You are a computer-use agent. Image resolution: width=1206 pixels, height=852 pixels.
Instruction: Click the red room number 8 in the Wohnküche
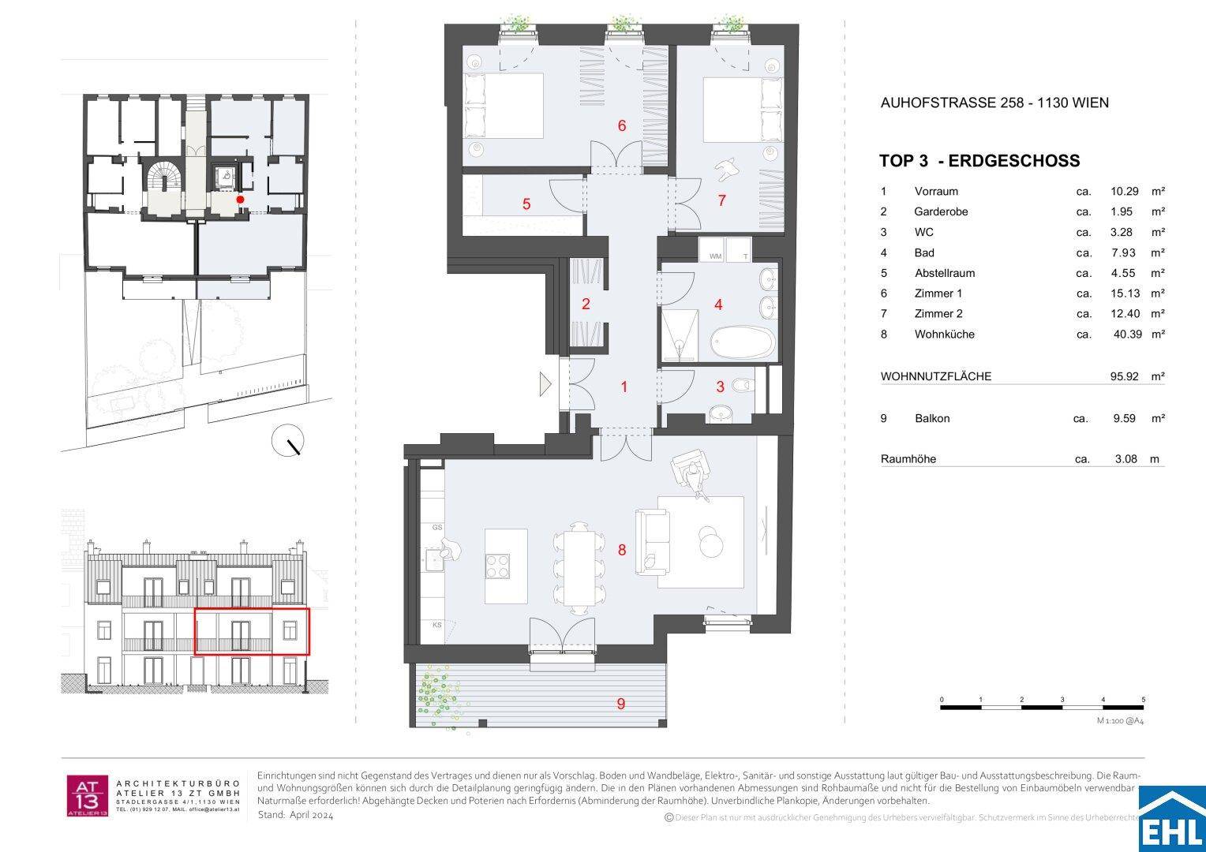(x=622, y=550)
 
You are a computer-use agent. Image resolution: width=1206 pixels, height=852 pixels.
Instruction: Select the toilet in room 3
(x=740, y=386)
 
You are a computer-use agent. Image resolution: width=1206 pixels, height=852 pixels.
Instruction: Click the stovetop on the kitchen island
(x=499, y=566)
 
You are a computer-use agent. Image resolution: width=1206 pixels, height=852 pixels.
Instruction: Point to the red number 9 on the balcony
(x=621, y=704)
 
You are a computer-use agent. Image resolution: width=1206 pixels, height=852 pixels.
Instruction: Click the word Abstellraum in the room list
(x=944, y=273)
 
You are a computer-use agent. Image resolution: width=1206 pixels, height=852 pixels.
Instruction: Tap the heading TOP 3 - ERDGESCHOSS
(x=979, y=161)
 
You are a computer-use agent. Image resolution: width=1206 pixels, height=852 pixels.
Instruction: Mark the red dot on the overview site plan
(x=241, y=200)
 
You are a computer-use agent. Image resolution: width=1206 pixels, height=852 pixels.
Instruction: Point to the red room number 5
(x=526, y=204)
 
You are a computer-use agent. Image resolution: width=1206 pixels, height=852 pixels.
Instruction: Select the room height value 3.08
(x=1125, y=458)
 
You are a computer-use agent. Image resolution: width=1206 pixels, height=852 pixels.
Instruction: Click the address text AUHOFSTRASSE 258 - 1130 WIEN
(x=994, y=103)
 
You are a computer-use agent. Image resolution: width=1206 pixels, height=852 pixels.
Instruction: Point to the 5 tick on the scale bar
(x=1143, y=701)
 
